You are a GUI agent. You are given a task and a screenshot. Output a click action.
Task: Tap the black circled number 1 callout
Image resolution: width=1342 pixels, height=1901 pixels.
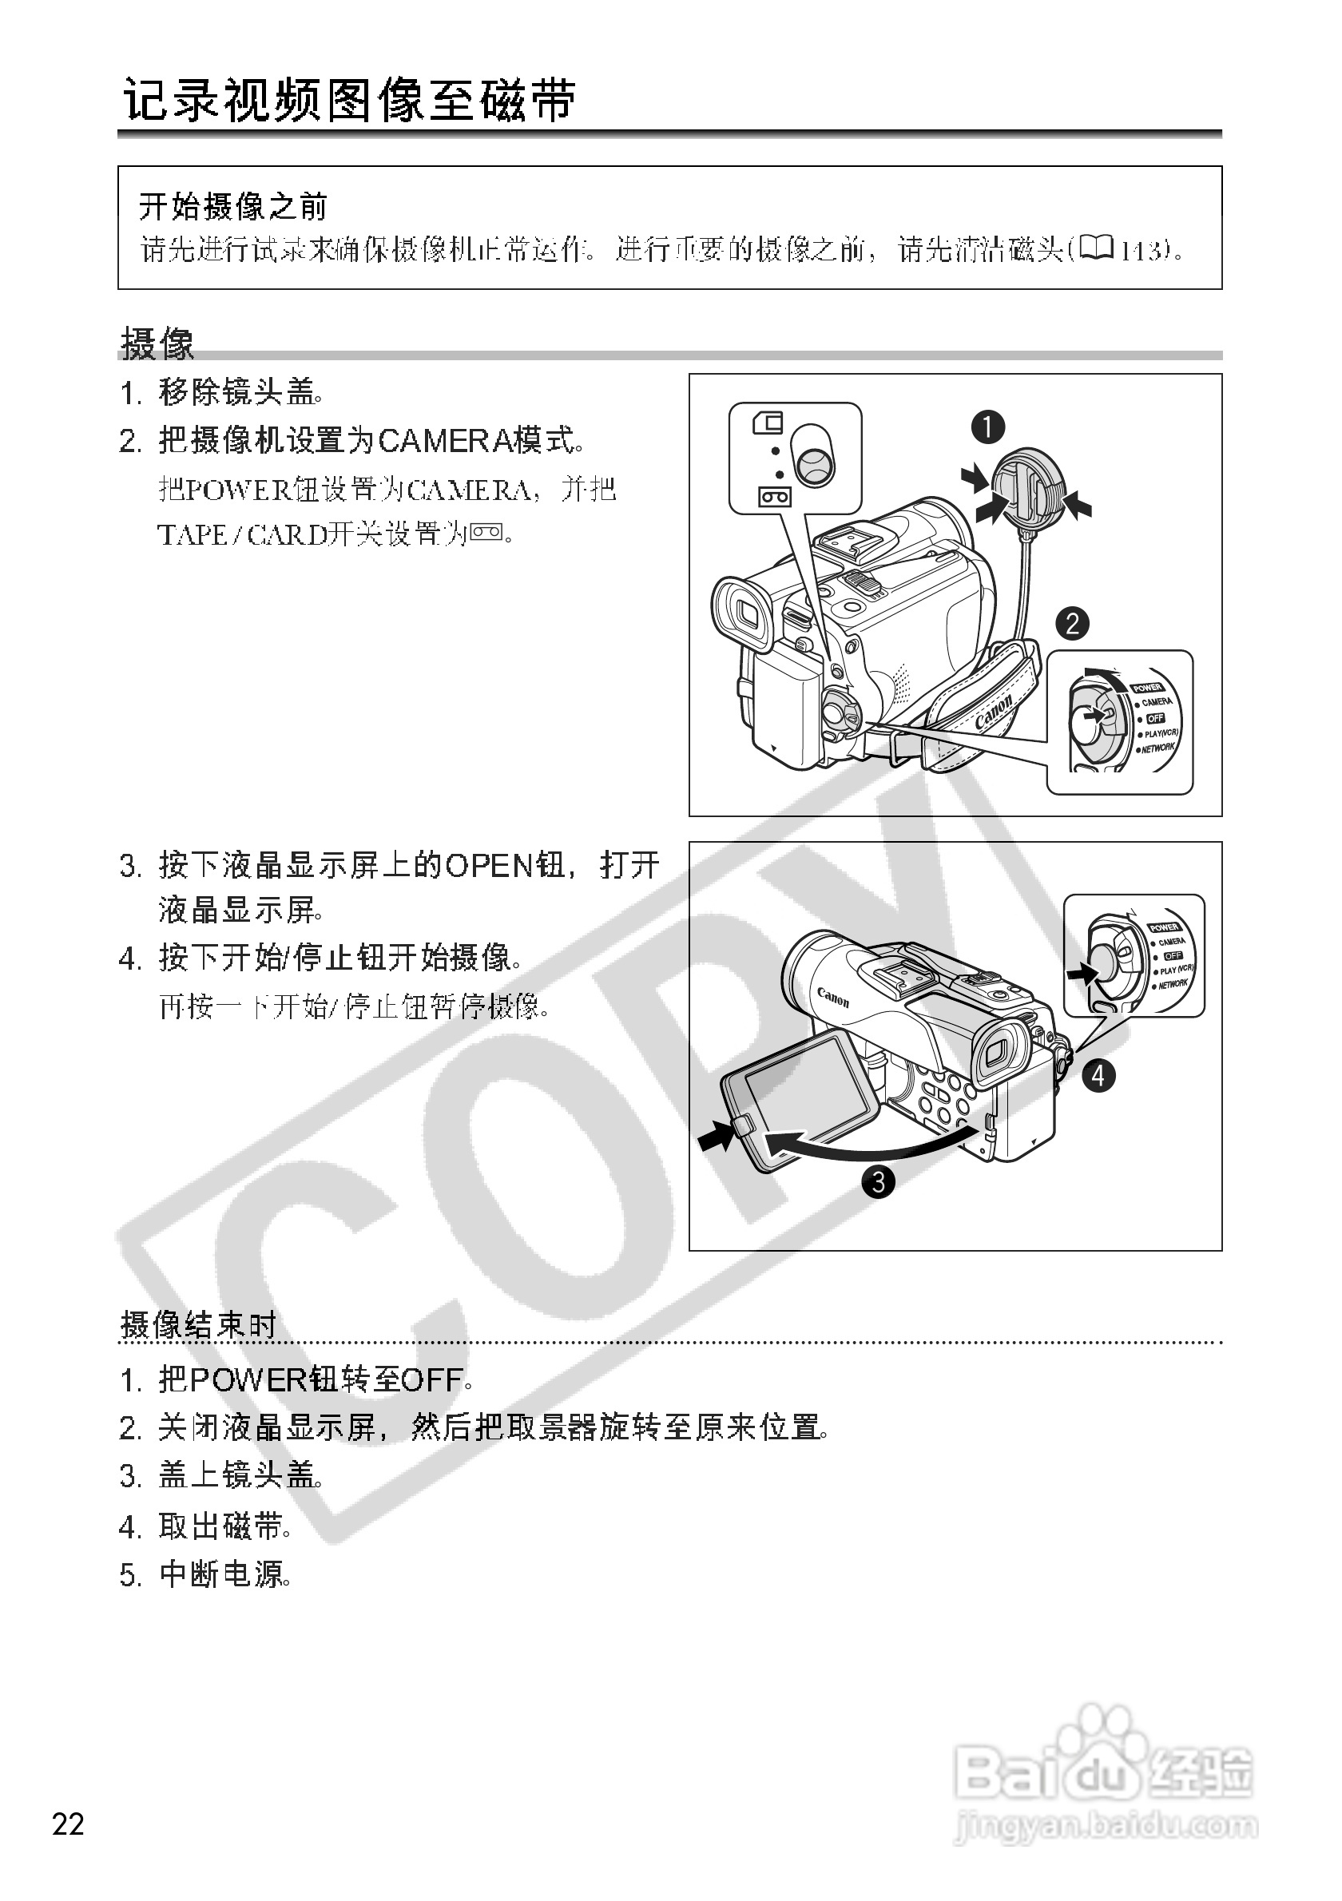click(987, 427)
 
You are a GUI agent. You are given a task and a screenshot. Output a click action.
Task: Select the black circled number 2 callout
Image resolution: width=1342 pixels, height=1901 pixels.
click(1072, 623)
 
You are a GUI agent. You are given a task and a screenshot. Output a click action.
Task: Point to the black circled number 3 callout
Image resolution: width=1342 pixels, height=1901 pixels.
click(879, 1181)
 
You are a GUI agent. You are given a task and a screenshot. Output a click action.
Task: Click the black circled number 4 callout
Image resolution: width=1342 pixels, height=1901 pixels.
click(1098, 1076)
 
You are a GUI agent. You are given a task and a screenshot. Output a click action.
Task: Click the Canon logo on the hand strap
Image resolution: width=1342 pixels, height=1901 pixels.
click(994, 711)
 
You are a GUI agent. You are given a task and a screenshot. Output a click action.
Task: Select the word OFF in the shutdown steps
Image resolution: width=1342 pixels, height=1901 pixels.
click(431, 1380)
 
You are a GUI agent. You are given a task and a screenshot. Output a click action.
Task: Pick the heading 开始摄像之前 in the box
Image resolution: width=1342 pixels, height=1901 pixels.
click(233, 206)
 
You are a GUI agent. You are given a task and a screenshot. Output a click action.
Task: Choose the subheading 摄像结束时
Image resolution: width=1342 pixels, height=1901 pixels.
click(199, 1325)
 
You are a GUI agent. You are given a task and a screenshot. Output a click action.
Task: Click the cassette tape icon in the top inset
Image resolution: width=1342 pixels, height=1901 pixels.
click(775, 496)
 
